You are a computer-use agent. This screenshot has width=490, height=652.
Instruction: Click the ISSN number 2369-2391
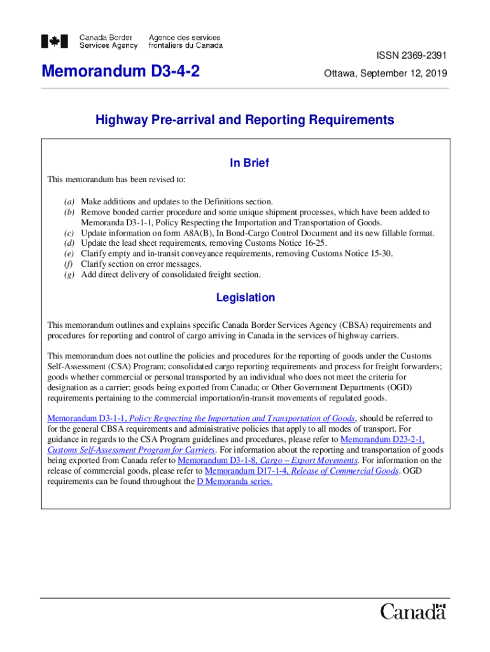pyautogui.click(x=418, y=55)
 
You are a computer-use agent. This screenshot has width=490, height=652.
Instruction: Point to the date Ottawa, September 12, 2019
pyautogui.click(x=385, y=74)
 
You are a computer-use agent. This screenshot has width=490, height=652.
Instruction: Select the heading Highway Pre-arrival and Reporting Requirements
pyautogui.click(x=244, y=120)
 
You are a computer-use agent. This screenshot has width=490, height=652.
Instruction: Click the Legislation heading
pyautogui.click(x=246, y=297)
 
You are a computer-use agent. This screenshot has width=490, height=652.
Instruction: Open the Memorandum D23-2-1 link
pyautogui.click(x=382, y=439)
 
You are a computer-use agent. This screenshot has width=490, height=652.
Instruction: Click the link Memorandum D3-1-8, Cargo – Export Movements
pyautogui.click(x=267, y=460)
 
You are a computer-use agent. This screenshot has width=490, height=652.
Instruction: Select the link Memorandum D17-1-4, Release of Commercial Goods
pyautogui.click(x=302, y=471)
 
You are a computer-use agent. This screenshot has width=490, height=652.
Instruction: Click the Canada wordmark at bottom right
pyautogui.click(x=413, y=612)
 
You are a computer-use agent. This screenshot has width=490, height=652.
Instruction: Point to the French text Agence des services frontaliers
pyautogui.click(x=185, y=42)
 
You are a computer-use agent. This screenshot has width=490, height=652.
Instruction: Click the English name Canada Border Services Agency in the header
pyautogui.click(x=108, y=42)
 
